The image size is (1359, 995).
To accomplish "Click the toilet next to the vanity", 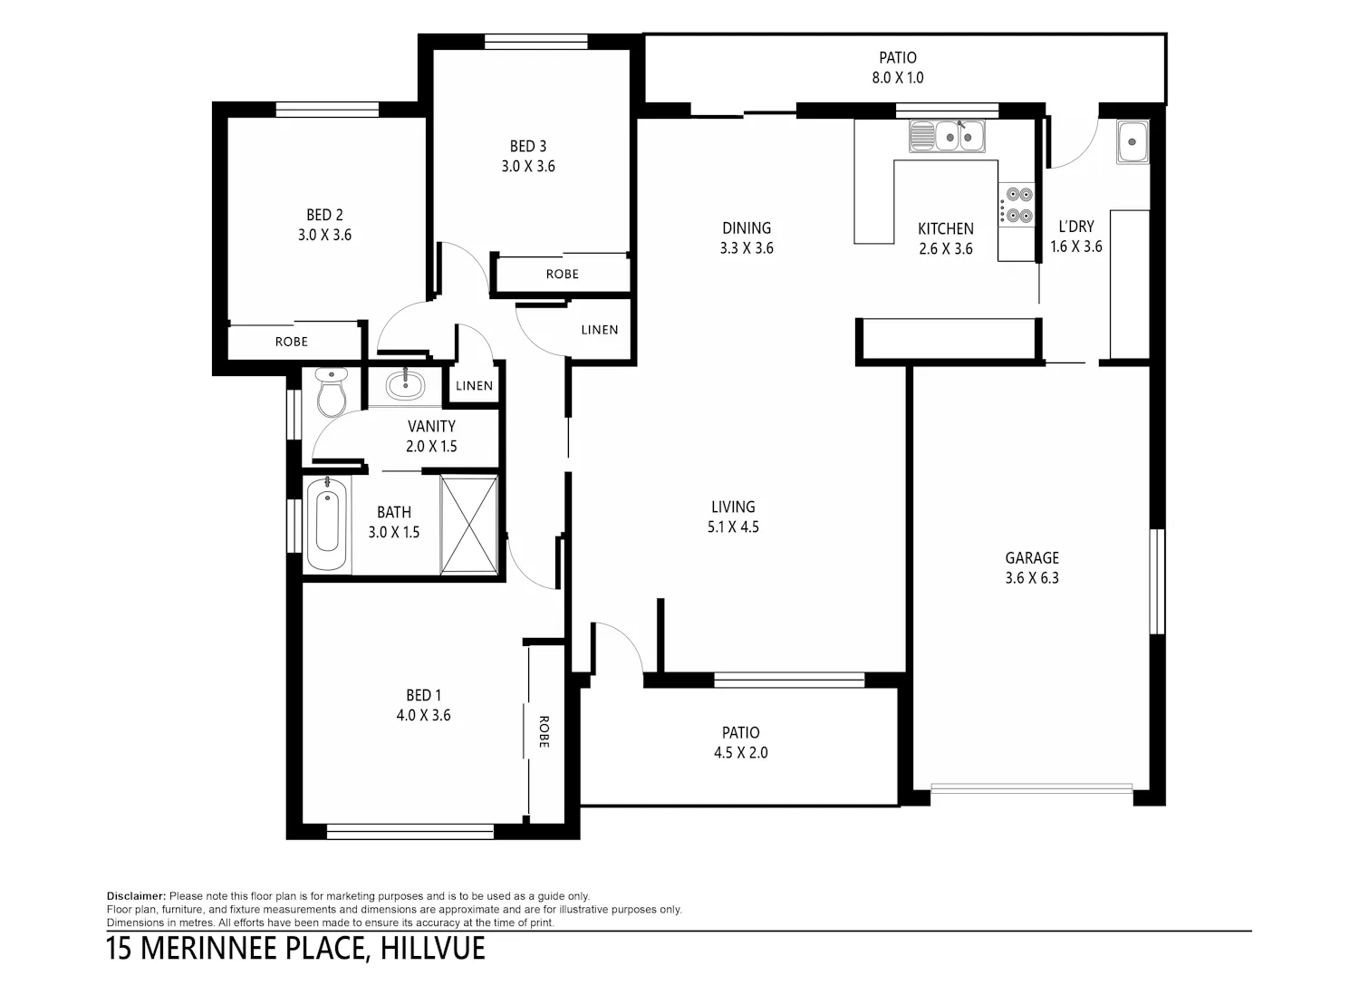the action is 332,392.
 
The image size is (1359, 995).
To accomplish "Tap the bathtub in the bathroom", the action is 327,524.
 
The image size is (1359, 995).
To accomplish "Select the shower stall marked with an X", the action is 469,526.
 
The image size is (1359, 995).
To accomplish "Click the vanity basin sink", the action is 405,385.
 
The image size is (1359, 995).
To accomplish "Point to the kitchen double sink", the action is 947,137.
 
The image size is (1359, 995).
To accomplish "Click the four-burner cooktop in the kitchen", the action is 1017,205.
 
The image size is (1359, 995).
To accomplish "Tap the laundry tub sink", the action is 1132,142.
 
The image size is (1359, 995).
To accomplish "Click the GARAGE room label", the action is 1032,557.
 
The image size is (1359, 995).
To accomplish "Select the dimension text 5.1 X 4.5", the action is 733,526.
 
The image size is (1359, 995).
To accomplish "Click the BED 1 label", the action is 423,695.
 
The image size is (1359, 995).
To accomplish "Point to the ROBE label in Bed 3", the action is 563,275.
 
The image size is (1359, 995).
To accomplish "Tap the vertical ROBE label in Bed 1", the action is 544,731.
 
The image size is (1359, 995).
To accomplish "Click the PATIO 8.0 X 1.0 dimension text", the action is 898,78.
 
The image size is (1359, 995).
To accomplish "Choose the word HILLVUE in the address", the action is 432,949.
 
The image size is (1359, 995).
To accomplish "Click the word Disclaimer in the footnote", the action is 136,896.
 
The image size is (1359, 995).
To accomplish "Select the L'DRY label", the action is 1076,227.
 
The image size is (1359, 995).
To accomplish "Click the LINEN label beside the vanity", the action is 475,386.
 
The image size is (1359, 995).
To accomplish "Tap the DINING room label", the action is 747,228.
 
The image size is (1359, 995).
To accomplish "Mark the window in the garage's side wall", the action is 1158,581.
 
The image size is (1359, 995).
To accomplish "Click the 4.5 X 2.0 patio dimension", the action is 741,752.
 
